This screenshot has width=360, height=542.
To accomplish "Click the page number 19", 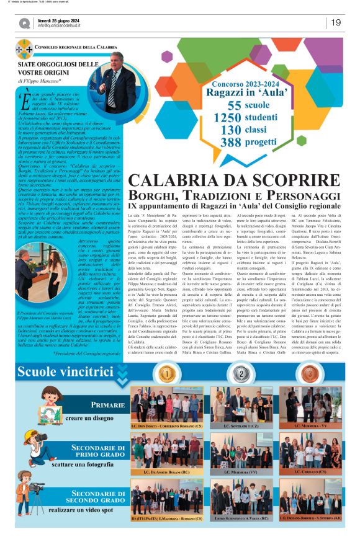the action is pyautogui.click(x=336, y=23).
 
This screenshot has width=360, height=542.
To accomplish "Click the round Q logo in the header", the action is pyautogui.click(x=24, y=23).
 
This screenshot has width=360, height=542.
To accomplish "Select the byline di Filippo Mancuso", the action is pyautogui.click(x=43, y=81).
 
